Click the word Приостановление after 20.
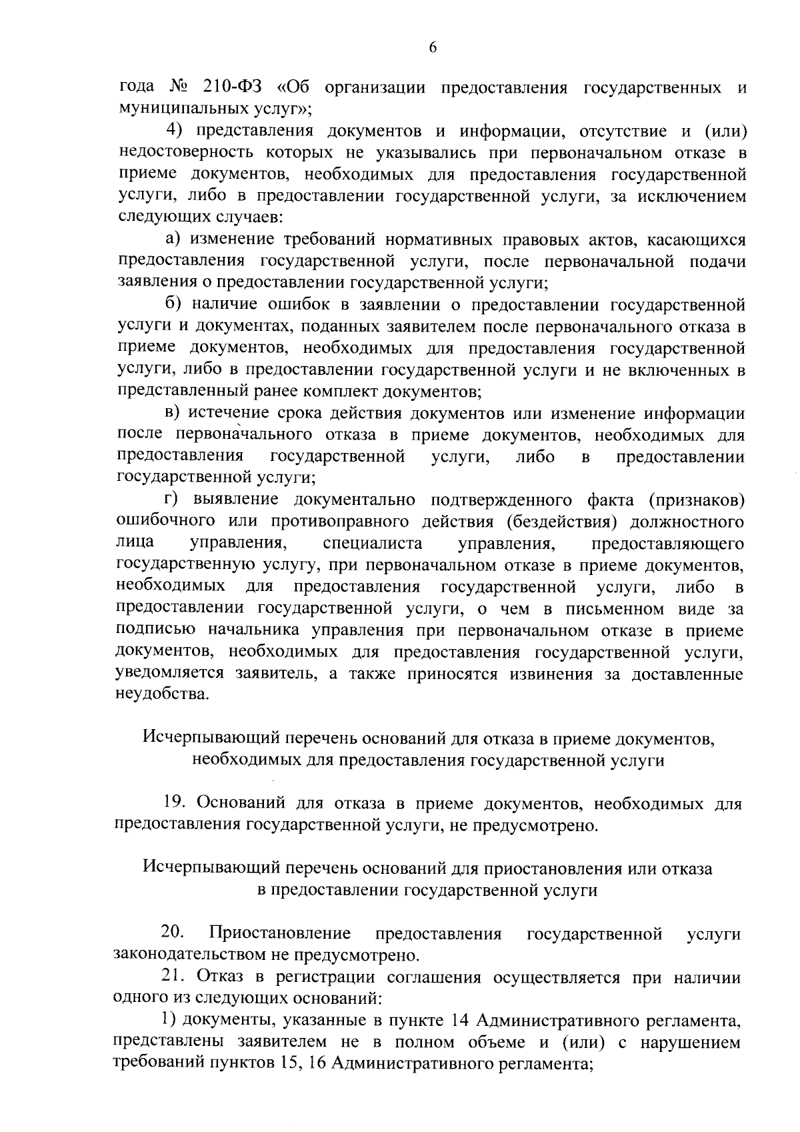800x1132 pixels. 280,933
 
